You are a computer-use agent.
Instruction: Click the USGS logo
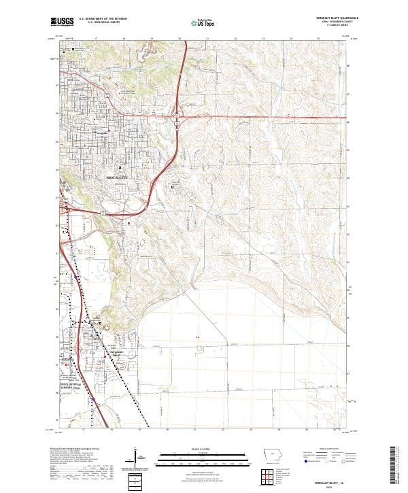click(61, 22)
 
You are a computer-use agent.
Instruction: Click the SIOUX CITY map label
click(117, 176)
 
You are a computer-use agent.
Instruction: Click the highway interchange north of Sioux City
click(176, 118)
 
